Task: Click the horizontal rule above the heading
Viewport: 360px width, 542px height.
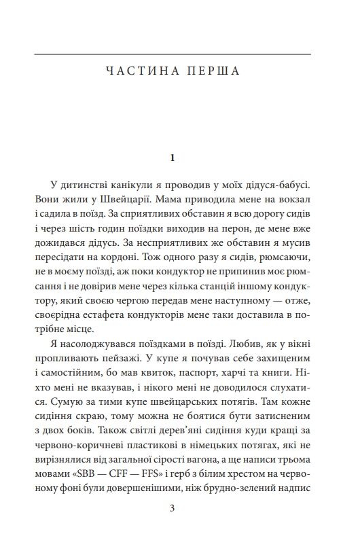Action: (173, 54)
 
